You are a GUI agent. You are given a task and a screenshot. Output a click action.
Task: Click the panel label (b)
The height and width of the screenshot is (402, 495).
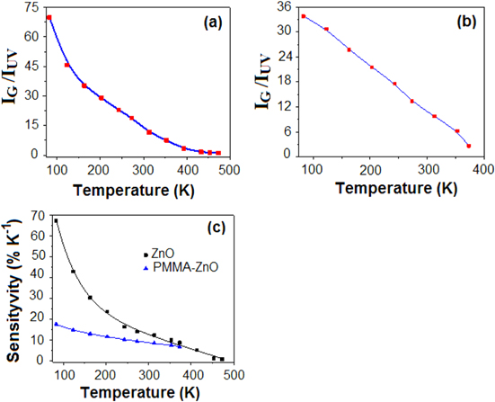467,19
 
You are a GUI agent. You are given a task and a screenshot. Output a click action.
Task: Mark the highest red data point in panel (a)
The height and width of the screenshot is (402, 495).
49,18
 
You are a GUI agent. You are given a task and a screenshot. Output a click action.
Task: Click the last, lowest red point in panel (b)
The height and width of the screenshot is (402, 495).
469,146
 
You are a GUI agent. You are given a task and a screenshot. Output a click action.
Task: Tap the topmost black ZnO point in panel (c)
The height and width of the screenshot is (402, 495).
56,220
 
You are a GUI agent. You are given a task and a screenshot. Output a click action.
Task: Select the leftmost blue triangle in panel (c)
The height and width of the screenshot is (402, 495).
56,324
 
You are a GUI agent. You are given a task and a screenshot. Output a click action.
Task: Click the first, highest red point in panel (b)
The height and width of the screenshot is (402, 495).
304,16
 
